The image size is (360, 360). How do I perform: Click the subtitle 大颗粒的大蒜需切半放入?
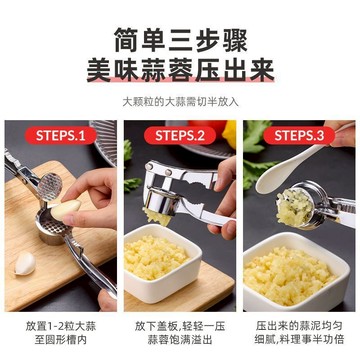pos(181,101)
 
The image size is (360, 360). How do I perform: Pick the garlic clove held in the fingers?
pos(65,211)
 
